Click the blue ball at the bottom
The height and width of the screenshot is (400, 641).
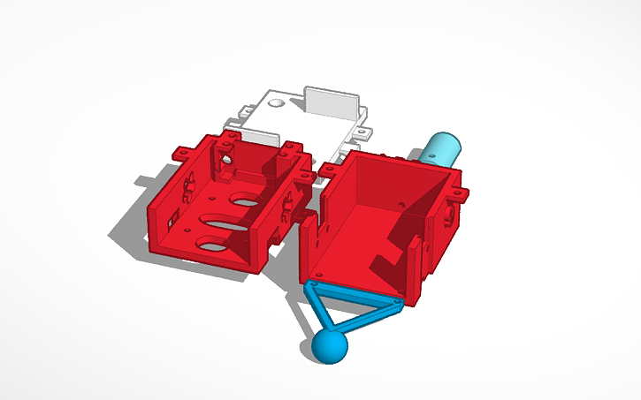tap(329, 346)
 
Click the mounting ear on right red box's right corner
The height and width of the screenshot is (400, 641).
tap(459, 192)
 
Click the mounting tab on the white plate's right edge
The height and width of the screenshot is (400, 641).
tap(363, 134)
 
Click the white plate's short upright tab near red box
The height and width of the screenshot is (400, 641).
tap(259, 136)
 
